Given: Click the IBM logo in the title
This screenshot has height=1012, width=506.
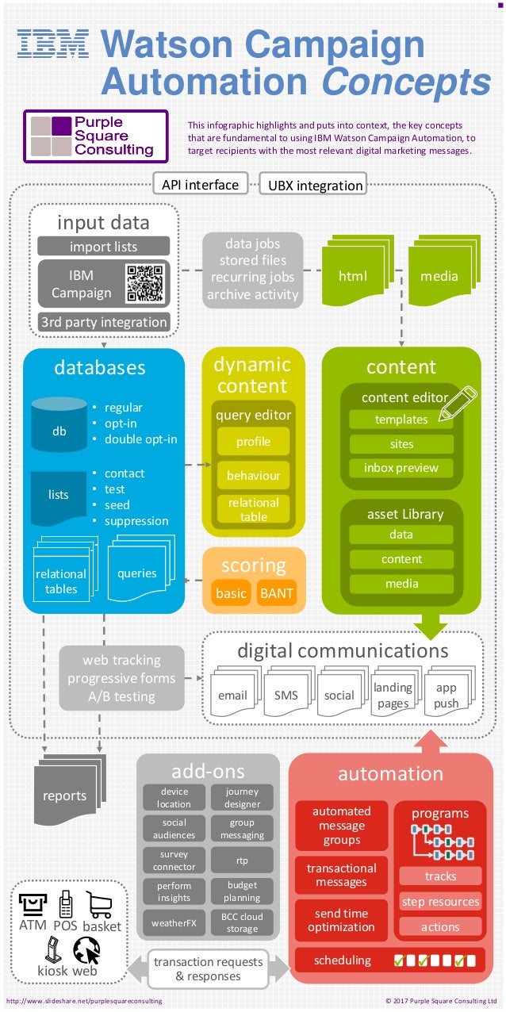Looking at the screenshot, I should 53,45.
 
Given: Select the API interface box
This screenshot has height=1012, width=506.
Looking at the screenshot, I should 200,184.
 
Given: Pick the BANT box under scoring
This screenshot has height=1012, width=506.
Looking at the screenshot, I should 276,593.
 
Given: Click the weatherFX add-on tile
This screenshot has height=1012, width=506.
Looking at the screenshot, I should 174,923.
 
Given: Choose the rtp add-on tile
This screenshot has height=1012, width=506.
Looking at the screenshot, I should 242,861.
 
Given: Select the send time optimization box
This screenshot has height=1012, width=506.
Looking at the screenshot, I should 341,920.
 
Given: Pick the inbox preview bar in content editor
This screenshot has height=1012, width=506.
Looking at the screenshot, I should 401,468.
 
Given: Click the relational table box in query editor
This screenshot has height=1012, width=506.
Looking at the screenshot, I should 254,509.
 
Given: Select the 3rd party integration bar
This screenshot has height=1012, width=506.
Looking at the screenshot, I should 104,322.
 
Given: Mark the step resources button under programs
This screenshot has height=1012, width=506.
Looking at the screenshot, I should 440,902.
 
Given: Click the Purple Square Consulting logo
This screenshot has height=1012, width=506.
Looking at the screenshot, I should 96,136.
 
